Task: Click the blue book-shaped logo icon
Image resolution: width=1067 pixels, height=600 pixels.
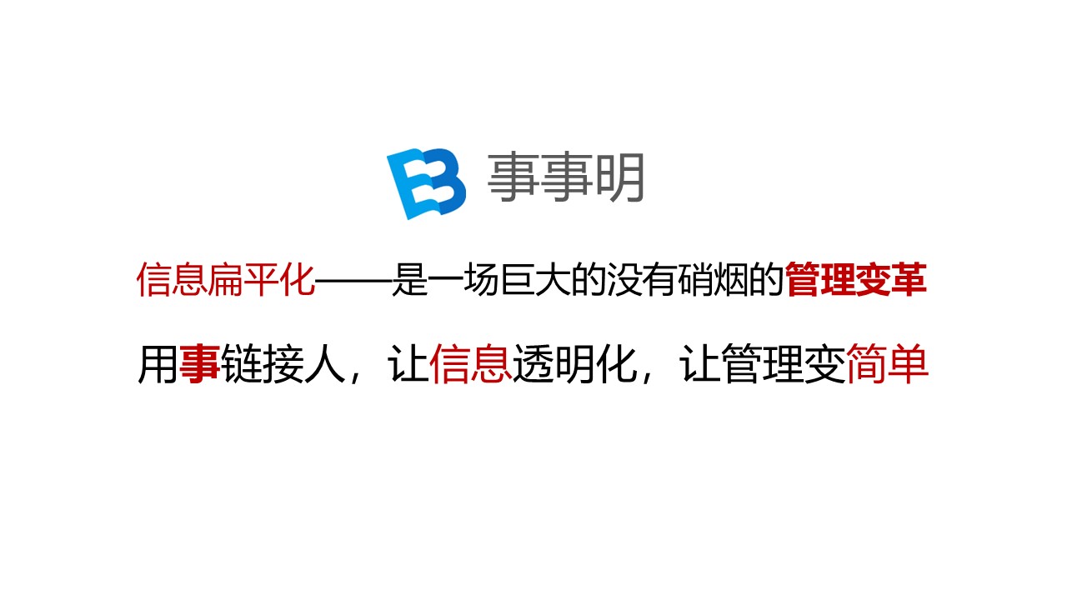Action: (425, 183)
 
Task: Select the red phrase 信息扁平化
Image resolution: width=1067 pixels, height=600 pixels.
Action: (226, 281)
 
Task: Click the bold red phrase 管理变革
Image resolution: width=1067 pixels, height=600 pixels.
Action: (856, 281)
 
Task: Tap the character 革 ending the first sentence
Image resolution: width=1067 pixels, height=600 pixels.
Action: (909, 281)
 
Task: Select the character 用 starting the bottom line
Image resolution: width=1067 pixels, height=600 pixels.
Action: (158, 366)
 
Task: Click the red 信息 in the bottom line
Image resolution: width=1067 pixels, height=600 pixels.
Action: (470, 366)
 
